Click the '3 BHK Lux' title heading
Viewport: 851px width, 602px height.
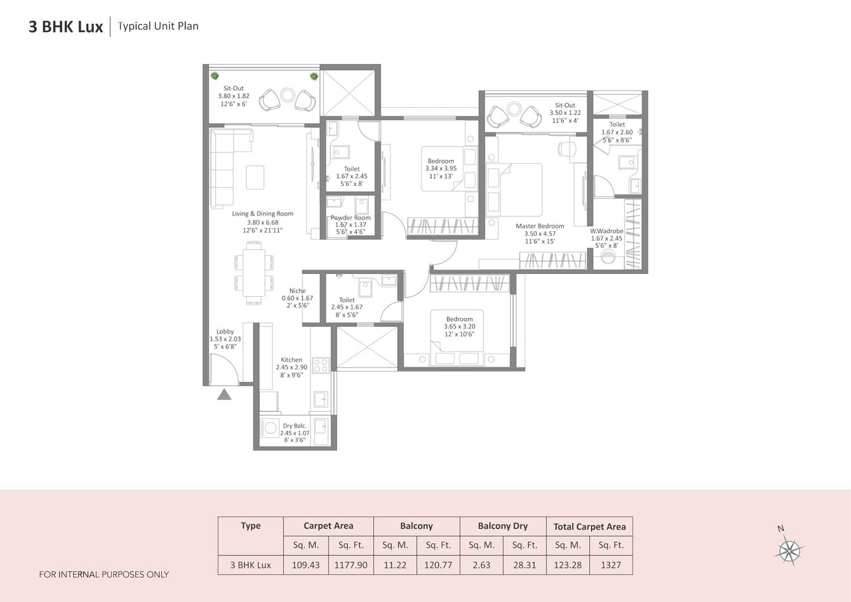point(66,27)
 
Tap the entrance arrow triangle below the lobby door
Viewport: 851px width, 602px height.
point(224,394)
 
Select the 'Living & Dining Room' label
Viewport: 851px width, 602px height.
point(262,214)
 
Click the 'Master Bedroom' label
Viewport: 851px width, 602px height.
point(540,226)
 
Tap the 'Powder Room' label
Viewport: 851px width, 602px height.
point(351,218)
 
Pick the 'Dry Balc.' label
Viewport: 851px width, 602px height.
point(294,426)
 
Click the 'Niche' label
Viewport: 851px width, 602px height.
point(297,291)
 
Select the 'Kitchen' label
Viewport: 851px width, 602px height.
point(292,360)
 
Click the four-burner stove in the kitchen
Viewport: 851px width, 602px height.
point(321,365)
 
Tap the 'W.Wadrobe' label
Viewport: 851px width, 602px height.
point(606,231)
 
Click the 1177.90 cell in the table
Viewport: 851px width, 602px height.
point(351,565)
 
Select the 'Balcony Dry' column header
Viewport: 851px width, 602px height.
point(503,526)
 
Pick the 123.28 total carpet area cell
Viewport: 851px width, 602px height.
point(567,565)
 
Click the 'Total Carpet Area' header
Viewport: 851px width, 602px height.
point(589,527)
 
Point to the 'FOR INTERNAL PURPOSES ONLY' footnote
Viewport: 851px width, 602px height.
point(104,574)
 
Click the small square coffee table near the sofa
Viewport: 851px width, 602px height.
point(255,177)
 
